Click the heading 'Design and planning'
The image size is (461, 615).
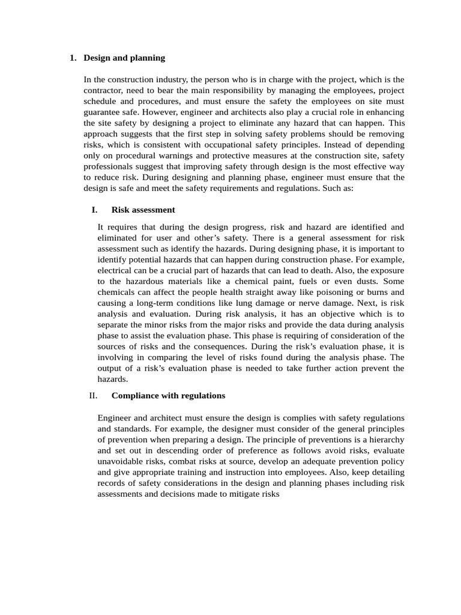(124, 58)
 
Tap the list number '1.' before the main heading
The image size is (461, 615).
(73, 58)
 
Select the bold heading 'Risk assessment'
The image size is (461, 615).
(143, 210)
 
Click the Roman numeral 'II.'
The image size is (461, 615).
(92, 396)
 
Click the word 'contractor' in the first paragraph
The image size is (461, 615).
(103, 90)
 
